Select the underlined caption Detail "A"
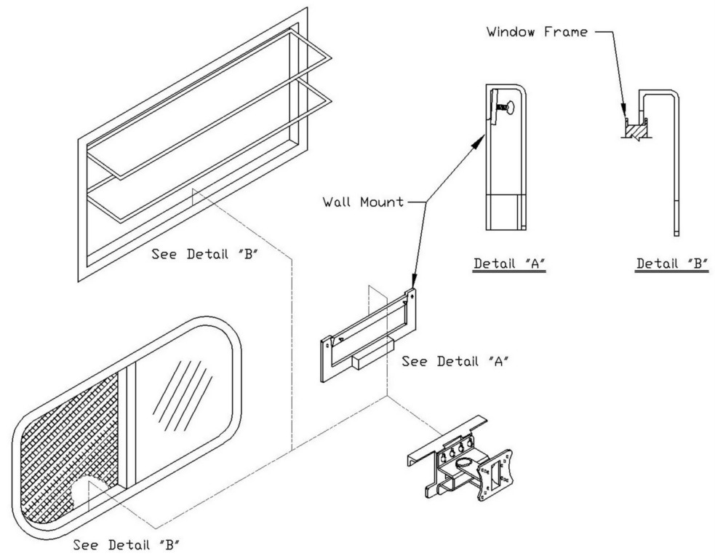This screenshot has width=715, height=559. pos(509,263)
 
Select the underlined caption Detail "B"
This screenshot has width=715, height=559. pos(671,263)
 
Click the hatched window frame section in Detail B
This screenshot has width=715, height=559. pos(635,132)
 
